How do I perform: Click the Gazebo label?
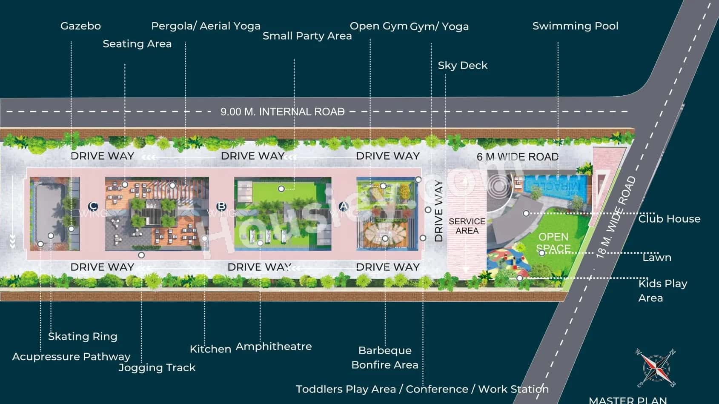tap(80, 26)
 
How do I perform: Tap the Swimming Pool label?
tap(575, 26)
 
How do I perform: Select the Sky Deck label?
tap(462, 66)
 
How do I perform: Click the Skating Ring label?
tap(83, 336)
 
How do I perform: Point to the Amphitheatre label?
tap(274, 347)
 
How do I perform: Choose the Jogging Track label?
tap(157, 367)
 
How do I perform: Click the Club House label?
tap(669, 219)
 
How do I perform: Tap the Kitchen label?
tap(210, 349)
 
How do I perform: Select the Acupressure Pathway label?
tap(71, 357)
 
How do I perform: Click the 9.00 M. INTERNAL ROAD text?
tap(282, 112)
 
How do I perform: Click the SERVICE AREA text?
tap(467, 226)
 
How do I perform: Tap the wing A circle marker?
tap(343, 206)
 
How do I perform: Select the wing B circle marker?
tap(221, 206)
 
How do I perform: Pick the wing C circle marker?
tap(93, 206)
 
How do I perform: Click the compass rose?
tap(656, 367)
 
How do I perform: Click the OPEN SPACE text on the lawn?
tap(553, 242)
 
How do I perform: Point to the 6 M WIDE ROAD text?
tap(517, 157)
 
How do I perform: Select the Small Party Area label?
tap(307, 36)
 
